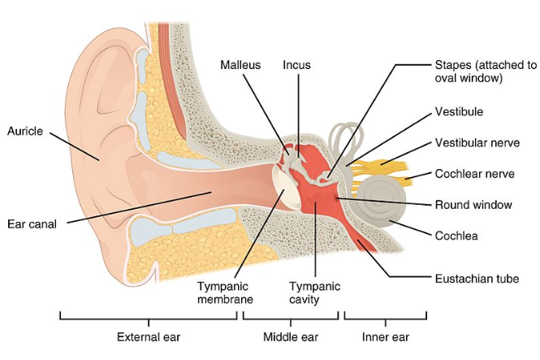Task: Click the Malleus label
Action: (240, 64)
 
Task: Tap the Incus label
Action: (296, 64)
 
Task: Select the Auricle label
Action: (24, 130)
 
